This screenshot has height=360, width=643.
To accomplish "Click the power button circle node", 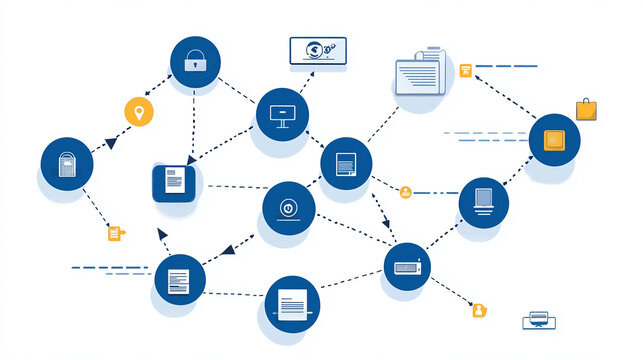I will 289,208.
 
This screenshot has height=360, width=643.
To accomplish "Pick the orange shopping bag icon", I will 586,109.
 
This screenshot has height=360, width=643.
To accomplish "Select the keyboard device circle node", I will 410,267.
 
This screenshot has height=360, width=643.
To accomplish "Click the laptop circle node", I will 484,202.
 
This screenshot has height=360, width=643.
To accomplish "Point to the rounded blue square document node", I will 174,183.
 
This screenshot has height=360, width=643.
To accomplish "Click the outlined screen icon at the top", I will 317,51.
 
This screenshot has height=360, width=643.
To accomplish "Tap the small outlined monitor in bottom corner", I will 538,320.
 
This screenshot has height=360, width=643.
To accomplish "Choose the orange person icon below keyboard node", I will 479,310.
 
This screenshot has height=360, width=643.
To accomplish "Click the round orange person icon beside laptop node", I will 405,192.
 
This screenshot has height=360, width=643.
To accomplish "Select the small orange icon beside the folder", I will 465,70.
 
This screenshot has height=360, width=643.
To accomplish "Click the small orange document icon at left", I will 115,233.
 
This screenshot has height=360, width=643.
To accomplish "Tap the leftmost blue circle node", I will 67,163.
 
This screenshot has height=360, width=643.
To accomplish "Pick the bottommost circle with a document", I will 293,303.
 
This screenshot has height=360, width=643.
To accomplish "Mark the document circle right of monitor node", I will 346,163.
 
